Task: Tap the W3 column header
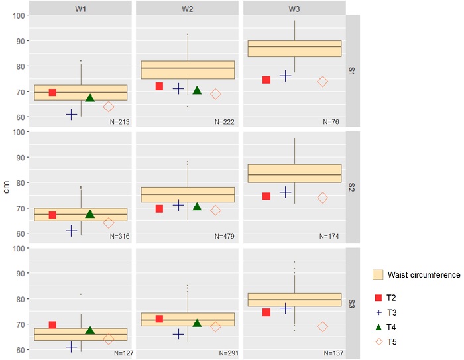click(294, 7)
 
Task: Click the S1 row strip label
click(353, 70)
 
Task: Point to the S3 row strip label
click(353, 303)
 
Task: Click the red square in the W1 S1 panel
click(52, 92)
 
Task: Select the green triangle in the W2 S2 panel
click(197, 206)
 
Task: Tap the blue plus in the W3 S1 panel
click(286, 76)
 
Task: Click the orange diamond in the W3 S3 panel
click(322, 327)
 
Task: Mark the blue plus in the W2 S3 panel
click(178, 334)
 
